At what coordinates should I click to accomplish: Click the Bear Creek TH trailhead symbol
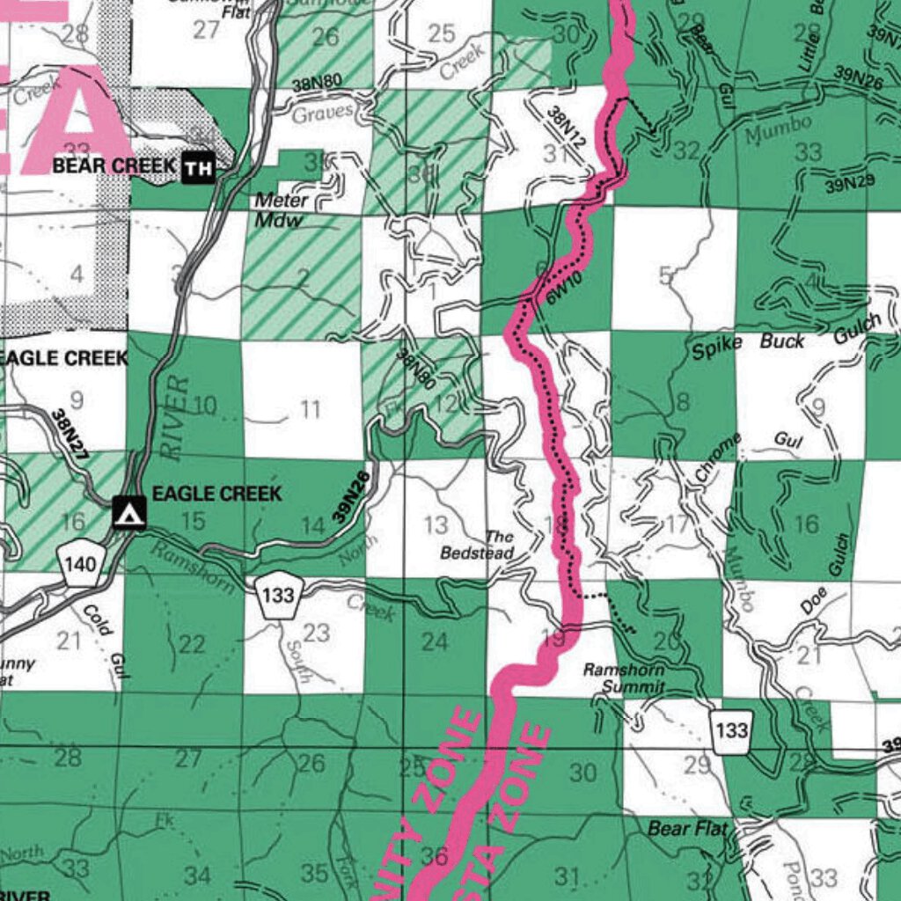[199, 167]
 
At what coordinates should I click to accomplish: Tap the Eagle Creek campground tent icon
[129, 511]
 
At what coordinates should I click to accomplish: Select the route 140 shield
[79, 560]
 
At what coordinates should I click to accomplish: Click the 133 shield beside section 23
[278, 596]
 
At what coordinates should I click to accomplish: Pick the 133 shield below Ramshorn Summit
[732, 730]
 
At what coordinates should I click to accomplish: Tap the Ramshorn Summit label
[624, 678]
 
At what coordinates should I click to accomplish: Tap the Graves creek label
[322, 114]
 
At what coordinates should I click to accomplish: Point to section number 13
[436, 526]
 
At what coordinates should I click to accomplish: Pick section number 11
[310, 409]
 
